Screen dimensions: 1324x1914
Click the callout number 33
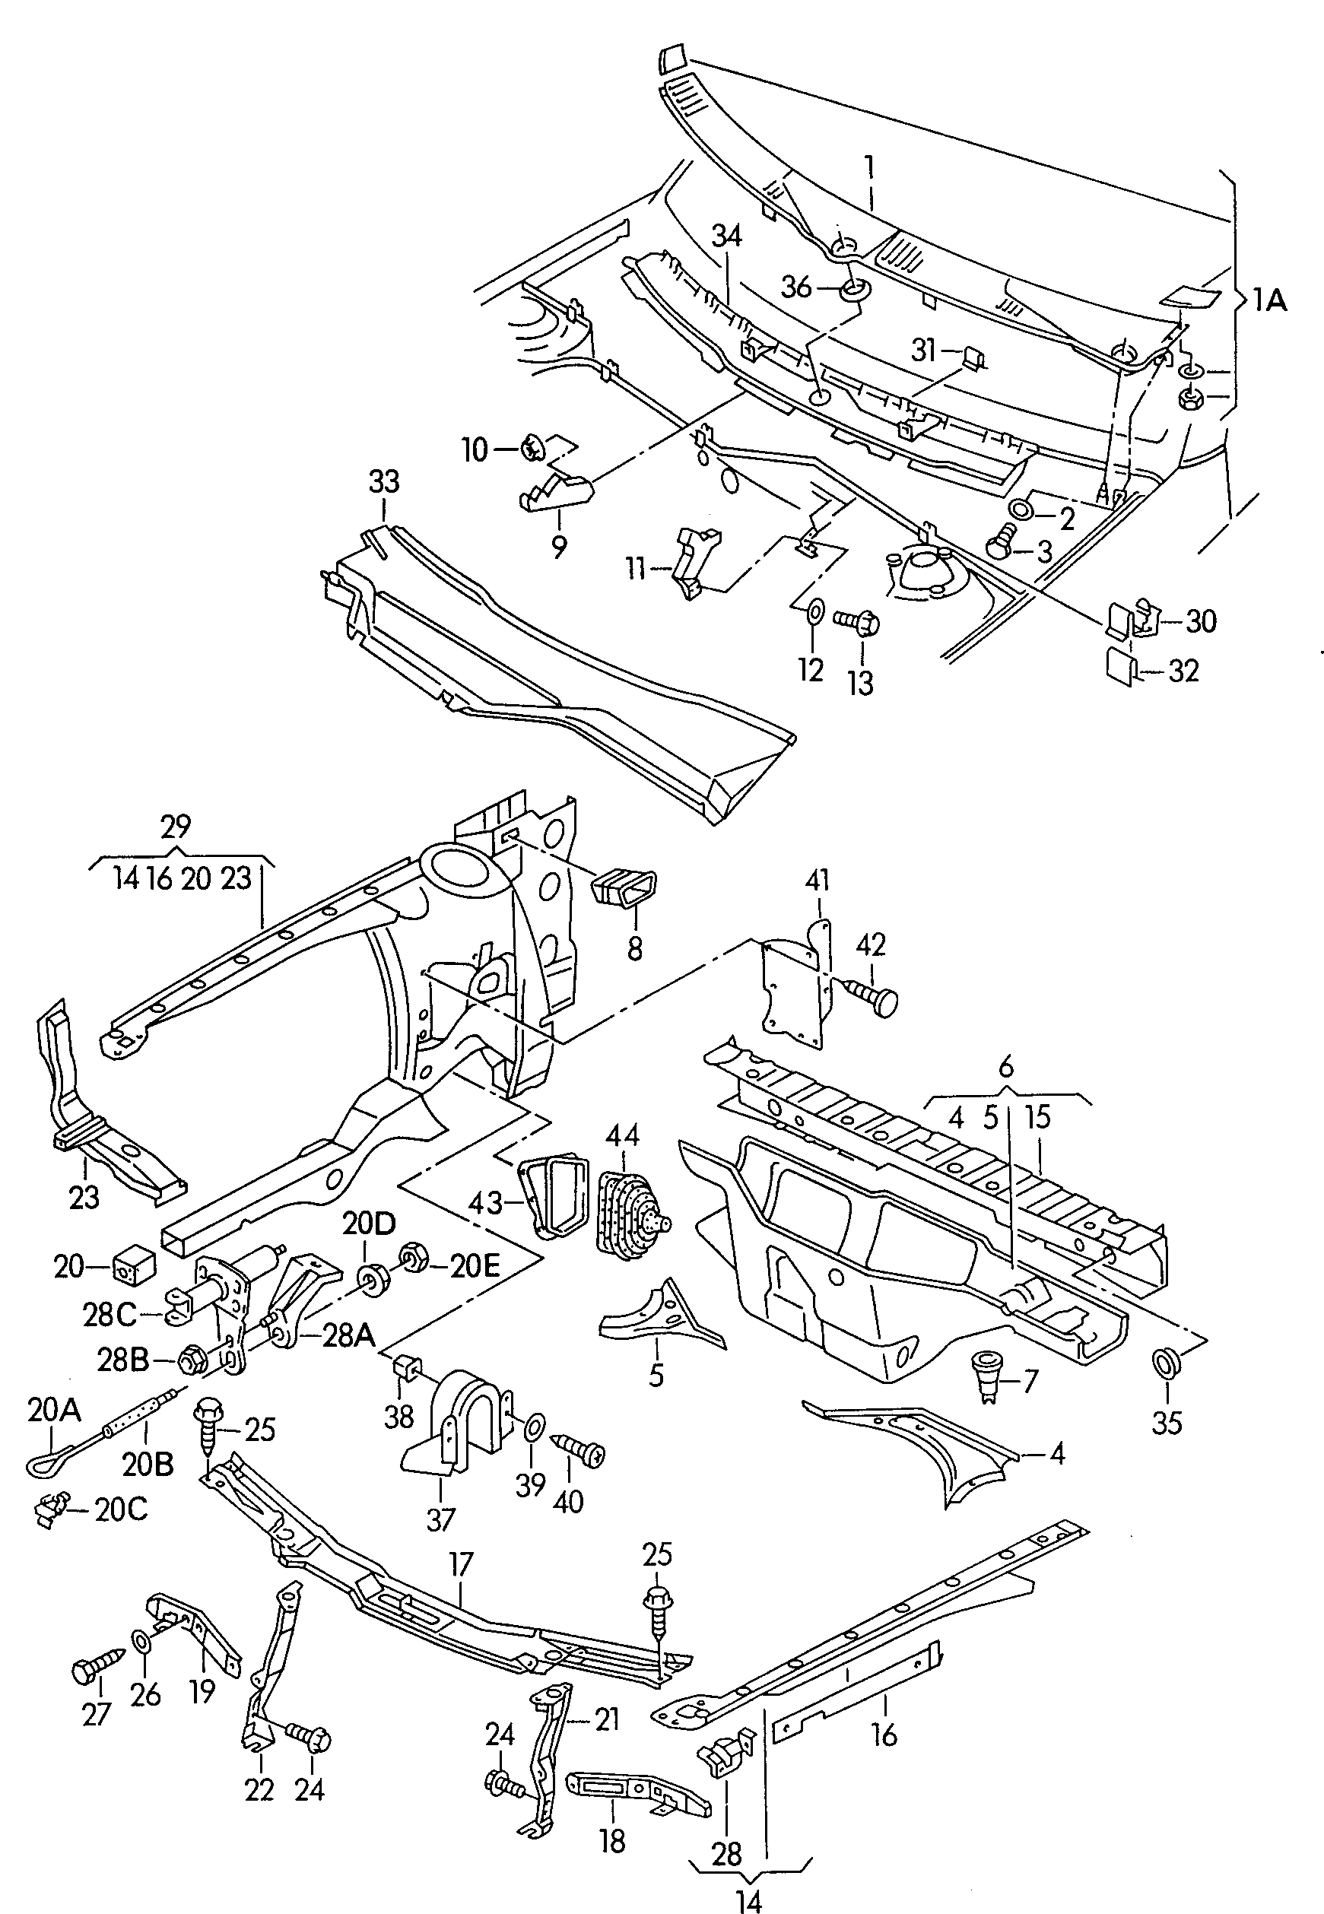pyautogui.click(x=384, y=482)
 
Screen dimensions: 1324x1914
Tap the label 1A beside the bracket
pyautogui.click(x=1269, y=300)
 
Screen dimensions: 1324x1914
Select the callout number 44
pyautogui.click(x=622, y=1135)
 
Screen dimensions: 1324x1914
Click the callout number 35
pyautogui.click(x=1167, y=1423)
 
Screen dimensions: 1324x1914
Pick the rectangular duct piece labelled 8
pyautogui.click(x=624, y=890)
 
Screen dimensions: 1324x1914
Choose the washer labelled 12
pyautogui.click(x=814, y=612)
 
